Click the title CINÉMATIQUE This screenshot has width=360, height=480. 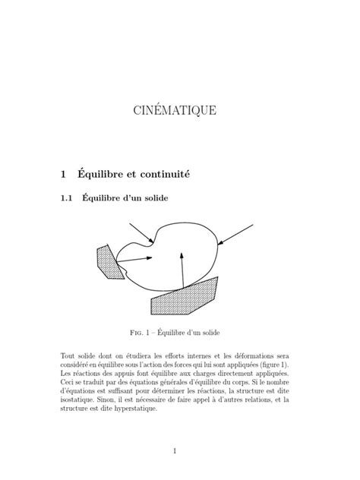click(x=174, y=111)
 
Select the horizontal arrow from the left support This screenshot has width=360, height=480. click(x=137, y=259)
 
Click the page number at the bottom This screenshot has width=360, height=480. click(x=174, y=451)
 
